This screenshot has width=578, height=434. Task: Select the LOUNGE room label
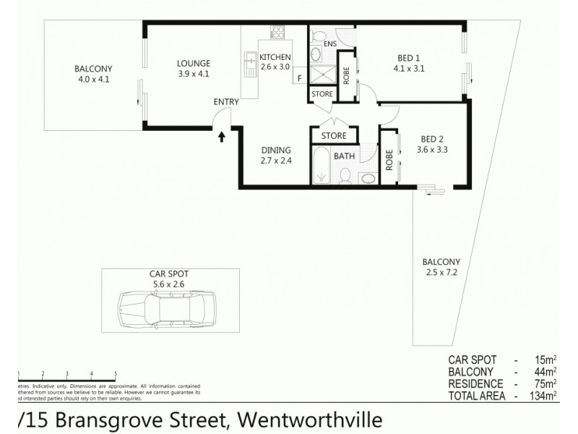(x=193, y=63)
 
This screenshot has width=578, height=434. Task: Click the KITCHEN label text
(x=275, y=57)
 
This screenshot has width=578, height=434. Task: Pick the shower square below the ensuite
(x=321, y=75)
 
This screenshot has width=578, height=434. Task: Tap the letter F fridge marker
(x=299, y=78)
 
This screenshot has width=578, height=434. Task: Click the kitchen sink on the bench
(x=249, y=64)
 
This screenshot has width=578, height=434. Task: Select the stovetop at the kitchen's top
(x=277, y=32)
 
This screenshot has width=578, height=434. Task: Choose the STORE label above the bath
(x=333, y=135)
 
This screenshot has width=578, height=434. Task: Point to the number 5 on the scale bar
(x=116, y=373)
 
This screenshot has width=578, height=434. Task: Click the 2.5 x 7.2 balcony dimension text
(x=443, y=273)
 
